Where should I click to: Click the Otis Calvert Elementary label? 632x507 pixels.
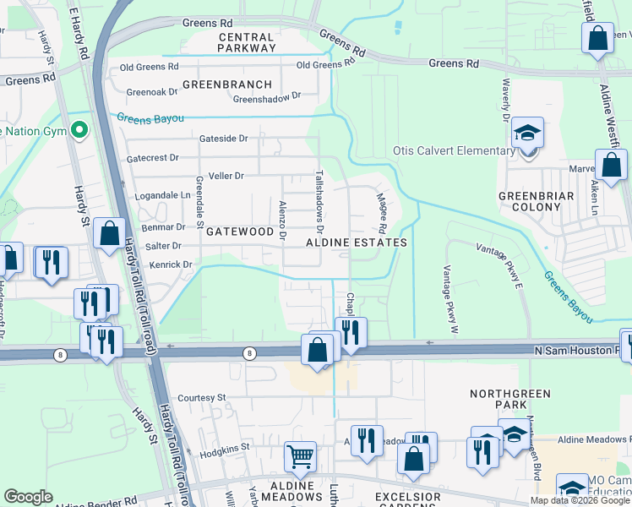455,152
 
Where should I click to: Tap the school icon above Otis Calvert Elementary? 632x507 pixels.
528,134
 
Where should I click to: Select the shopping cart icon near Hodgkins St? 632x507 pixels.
300,457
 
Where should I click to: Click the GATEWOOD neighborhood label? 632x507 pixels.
240,231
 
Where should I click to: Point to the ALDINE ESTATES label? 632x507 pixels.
357,243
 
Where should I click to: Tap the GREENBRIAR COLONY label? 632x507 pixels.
536,201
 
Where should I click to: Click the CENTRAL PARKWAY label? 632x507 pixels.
247,42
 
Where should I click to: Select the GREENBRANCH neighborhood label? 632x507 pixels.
227,84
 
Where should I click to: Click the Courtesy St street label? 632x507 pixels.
202,397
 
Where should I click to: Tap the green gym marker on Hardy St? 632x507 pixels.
79,130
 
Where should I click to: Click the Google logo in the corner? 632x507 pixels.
29,497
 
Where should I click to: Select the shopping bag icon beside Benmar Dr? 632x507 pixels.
110,234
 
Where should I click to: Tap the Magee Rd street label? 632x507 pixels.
381,213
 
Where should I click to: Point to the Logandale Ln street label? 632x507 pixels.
162,194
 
